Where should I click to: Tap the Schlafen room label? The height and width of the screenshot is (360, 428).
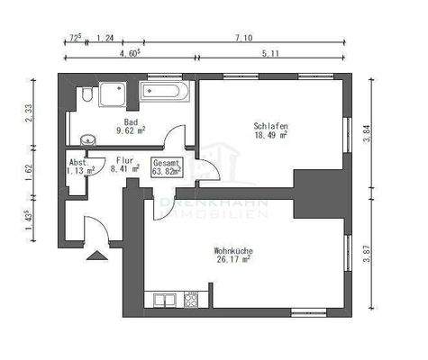pyautogui.click(x=270, y=126)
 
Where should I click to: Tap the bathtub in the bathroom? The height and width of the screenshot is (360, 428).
pyautogui.click(x=165, y=92)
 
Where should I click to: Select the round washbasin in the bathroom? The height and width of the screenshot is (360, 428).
pyautogui.click(x=87, y=139)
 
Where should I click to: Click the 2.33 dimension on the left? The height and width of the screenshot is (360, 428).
pyautogui.click(x=30, y=112)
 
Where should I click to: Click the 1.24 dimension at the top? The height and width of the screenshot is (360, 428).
pyautogui.click(x=104, y=37)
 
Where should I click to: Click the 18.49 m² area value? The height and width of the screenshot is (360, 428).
pyautogui.click(x=270, y=136)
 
